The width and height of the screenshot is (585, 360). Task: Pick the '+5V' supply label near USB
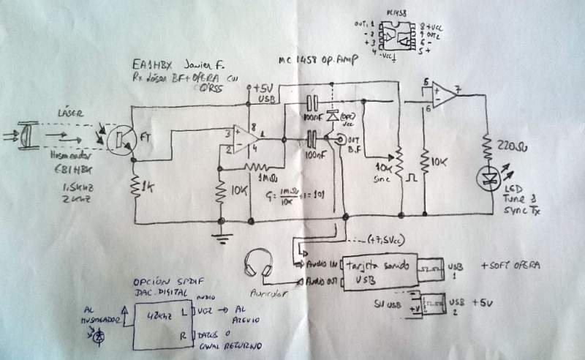(x=262, y=88)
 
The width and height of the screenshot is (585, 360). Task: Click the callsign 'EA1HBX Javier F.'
(x=170, y=61)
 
